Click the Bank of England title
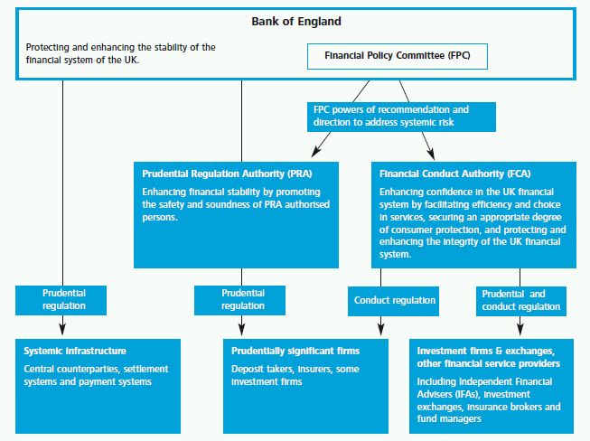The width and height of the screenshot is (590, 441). (296, 22)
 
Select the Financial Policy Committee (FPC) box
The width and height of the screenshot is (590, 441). (398, 56)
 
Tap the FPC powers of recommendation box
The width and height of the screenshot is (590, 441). (401, 117)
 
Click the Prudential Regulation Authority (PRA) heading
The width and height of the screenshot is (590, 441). (227, 174)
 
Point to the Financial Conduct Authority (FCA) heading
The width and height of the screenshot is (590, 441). (454, 174)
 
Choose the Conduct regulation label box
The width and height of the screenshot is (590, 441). (393, 301)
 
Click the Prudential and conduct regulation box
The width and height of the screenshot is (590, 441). (521, 301)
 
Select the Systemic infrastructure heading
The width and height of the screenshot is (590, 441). (75, 351)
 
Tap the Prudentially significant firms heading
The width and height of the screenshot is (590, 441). (295, 351)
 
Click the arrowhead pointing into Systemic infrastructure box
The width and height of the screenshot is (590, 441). (63, 329)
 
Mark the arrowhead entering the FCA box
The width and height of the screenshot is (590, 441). (431, 154)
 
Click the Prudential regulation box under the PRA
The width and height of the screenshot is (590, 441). (239, 300)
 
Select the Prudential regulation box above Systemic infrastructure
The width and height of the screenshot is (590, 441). (61, 300)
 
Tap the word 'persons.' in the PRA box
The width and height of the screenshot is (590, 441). (160, 218)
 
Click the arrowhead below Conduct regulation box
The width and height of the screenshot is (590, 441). (380, 330)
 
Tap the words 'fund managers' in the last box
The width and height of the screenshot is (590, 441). (449, 418)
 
